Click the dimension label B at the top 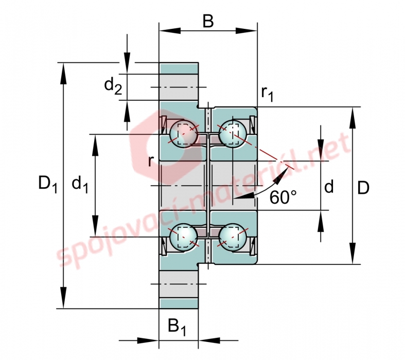click(208, 21)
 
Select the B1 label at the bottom click(177, 327)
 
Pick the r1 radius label click(267, 94)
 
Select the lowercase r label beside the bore click(151, 161)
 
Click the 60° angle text click(283, 198)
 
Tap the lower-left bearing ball click(183, 237)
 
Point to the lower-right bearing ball click(233, 237)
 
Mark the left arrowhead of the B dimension click(169, 31)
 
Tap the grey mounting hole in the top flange click(179, 87)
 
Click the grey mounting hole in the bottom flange click(179, 284)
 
